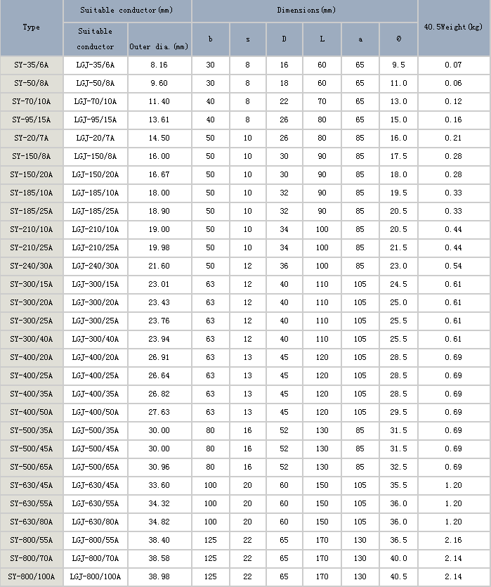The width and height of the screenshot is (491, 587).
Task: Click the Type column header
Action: (31, 27)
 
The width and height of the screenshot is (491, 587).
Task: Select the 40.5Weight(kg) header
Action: (453, 27)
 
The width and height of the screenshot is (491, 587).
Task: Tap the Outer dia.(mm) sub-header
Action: (159, 46)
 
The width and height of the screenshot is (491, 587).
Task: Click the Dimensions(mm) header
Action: (306, 11)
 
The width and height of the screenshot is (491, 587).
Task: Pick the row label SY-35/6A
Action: (31, 65)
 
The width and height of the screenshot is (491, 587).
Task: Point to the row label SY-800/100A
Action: (31, 576)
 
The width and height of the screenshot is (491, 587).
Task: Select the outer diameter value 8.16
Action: (159, 65)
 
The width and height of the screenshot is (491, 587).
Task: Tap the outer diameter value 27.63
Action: (159, 412)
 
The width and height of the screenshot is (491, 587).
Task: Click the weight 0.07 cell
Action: (453, 65)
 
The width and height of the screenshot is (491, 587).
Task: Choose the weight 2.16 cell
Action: (453, 540)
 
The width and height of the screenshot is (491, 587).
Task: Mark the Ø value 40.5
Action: (398, 576)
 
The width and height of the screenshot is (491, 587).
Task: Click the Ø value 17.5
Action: (398, 156)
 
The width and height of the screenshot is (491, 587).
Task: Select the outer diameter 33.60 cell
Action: (159, 485)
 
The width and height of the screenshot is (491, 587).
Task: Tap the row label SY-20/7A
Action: (31, 138)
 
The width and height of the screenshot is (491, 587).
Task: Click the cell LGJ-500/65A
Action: (96, 467)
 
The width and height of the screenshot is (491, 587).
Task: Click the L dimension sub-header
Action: (322, 39)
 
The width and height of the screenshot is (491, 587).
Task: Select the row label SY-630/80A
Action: (31, 522)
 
